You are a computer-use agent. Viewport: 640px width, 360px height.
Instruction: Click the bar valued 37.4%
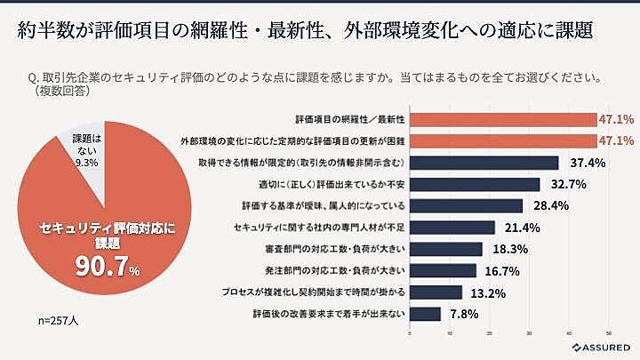484,163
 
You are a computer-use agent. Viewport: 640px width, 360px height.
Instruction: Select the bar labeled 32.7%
475,184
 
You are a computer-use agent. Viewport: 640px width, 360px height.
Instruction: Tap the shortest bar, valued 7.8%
425,313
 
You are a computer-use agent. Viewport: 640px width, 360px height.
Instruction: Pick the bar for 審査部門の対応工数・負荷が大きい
445,249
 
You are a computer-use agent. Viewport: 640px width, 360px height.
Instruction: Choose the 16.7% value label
500,270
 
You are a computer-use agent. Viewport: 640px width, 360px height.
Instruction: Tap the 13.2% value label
486,292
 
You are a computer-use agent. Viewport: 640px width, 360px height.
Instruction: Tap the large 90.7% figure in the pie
105,264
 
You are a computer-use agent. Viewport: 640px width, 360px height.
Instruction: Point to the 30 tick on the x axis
529,333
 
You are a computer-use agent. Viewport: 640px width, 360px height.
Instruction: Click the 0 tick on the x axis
410,333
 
